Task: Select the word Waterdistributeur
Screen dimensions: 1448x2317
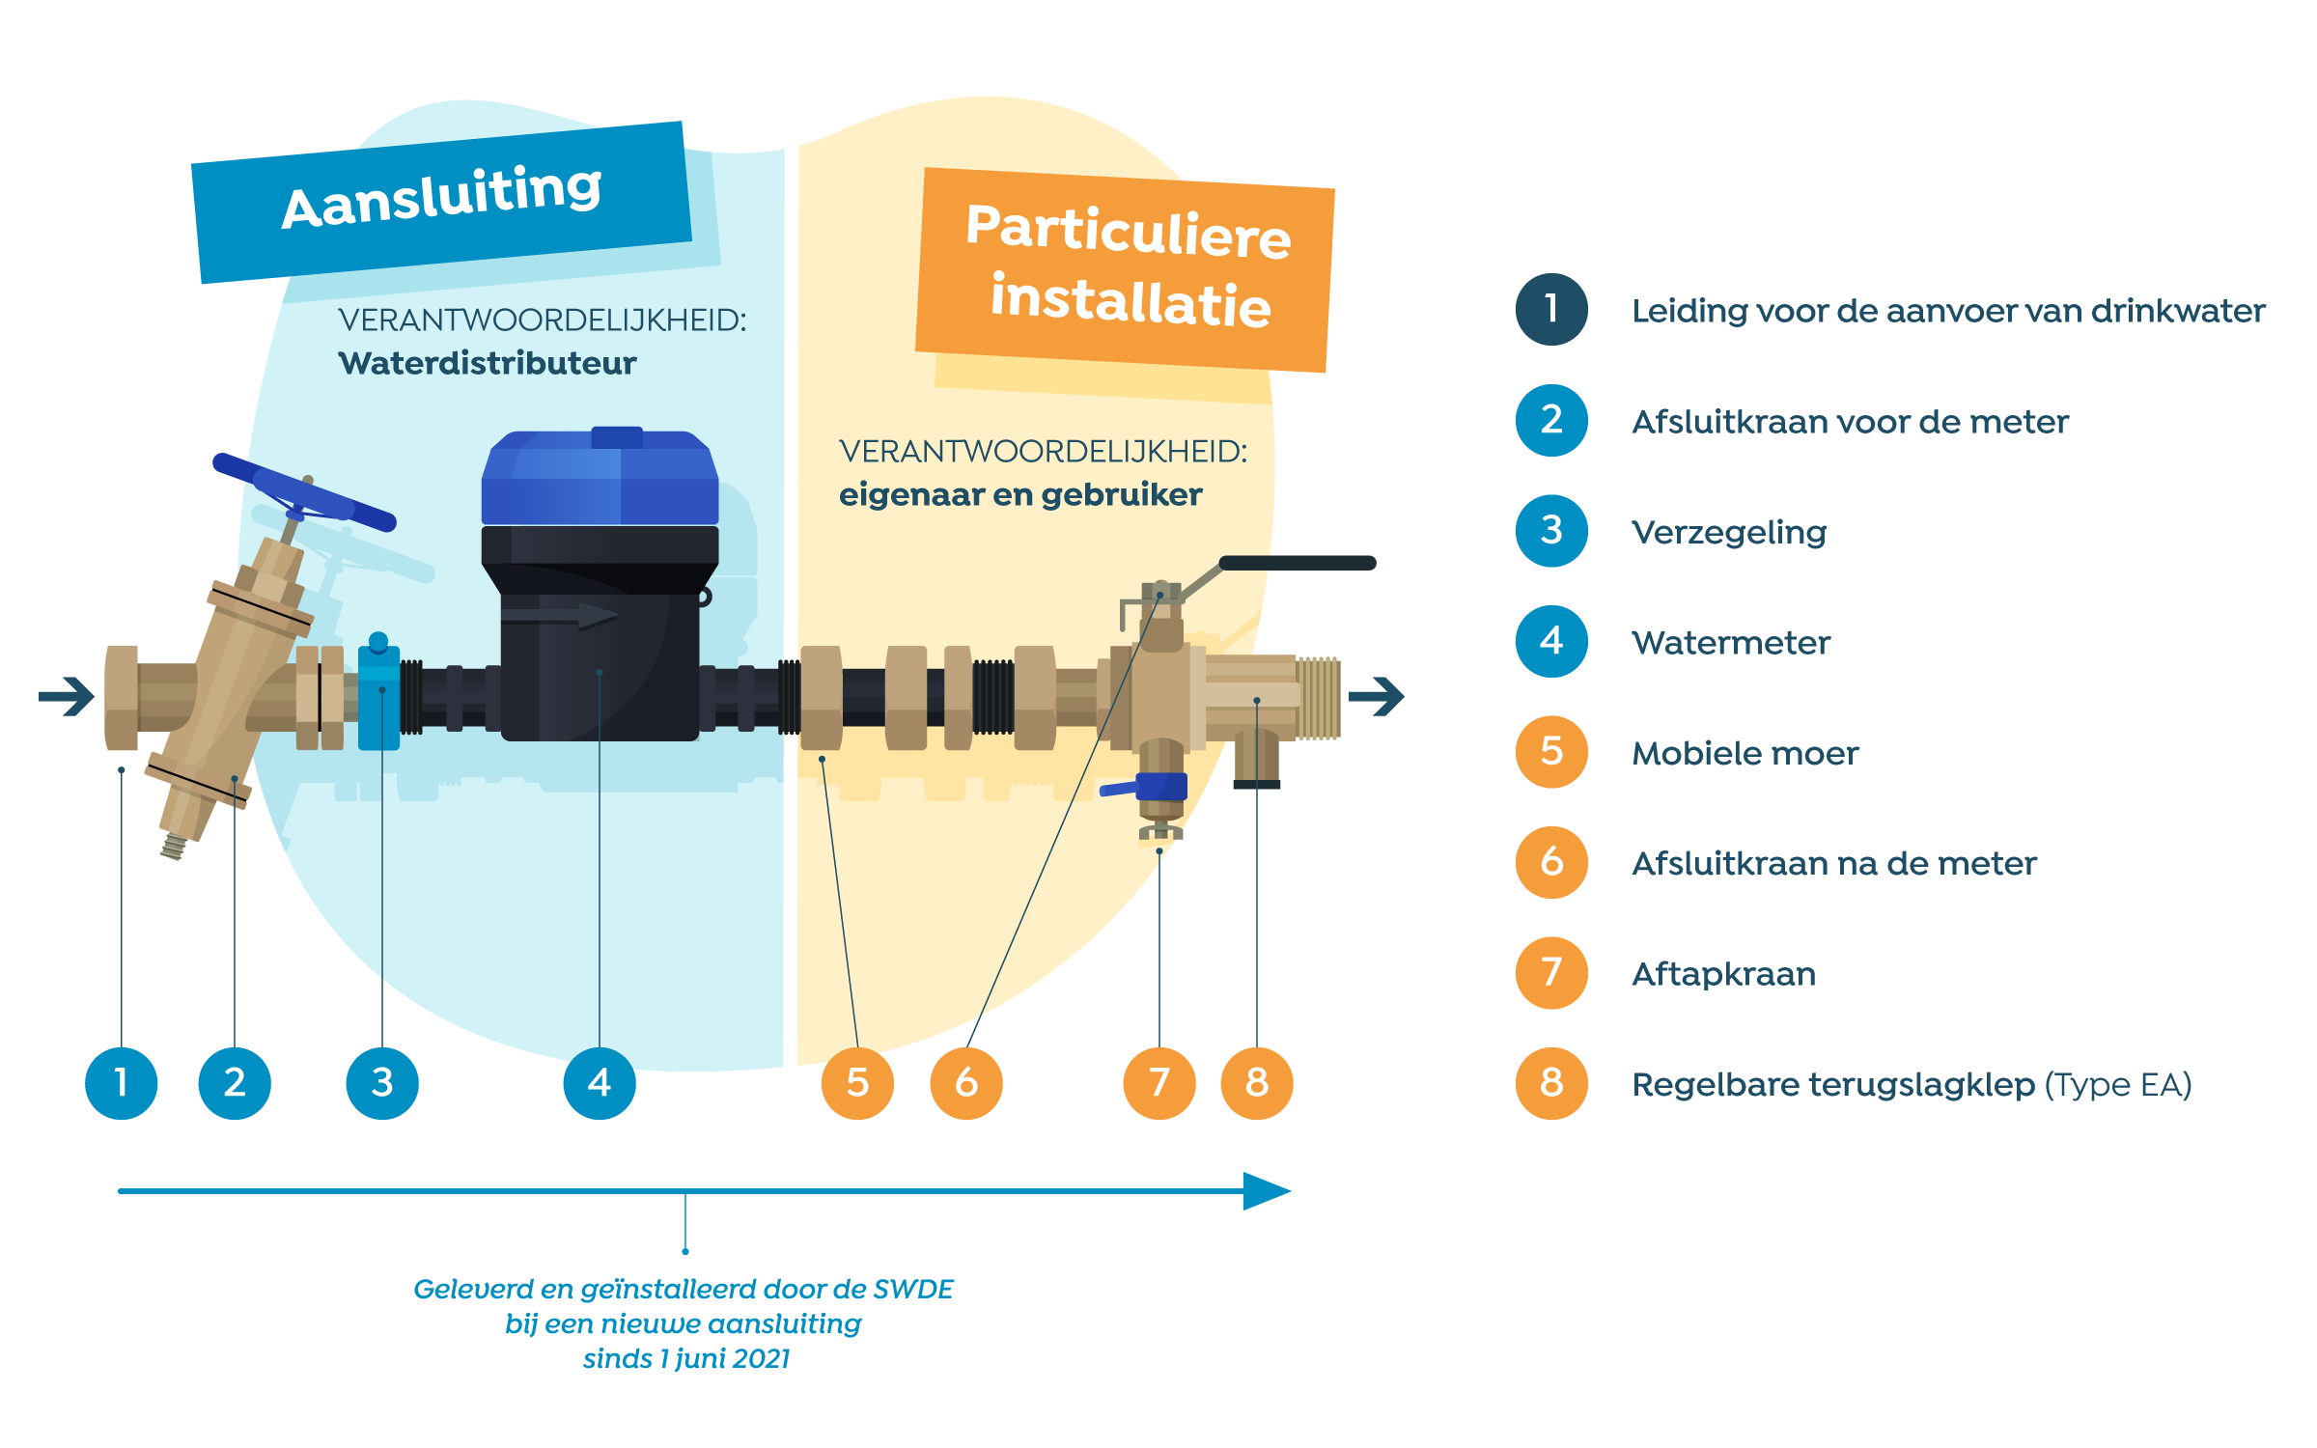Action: tap(487, 363)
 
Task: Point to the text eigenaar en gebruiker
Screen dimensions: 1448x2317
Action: tap(1019, 494)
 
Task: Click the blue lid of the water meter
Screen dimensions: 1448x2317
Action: tap(600, 477)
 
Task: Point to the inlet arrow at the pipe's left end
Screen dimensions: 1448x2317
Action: tap(68, 695)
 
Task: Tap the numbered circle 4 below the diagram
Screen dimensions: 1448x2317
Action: tap(600, 1082)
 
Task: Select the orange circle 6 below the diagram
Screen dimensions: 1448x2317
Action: tap(966, 1082)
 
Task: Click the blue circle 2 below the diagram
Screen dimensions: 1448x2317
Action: tap(235, 1082)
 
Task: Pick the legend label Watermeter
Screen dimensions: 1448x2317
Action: tap(1730, 642)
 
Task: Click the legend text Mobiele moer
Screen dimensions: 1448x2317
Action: tap(1745, 753)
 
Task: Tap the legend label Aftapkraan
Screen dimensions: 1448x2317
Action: tap(1723, 974)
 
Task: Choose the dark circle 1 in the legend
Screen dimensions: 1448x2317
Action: tap(1551, 310)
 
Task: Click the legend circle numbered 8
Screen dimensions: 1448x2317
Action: tap(1551, 1083)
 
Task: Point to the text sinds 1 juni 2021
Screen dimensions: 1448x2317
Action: tap(685, 1358)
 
